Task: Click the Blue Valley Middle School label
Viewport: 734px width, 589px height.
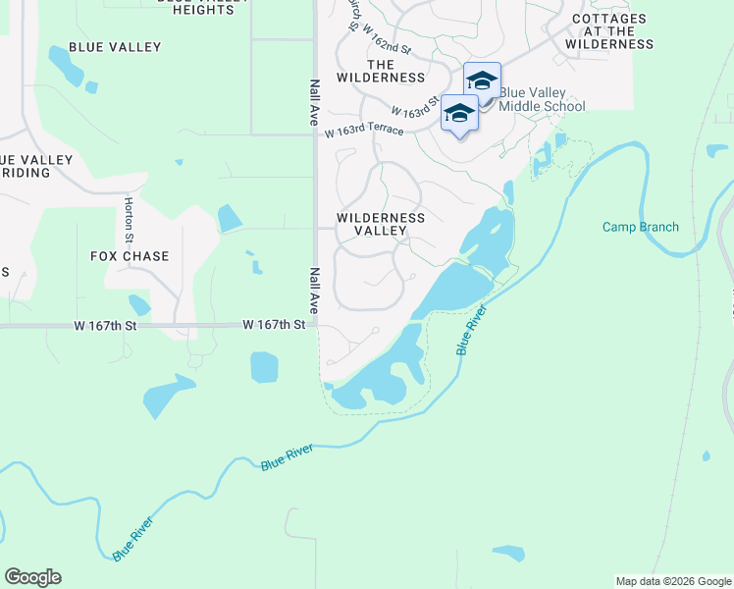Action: [x=542, y=99]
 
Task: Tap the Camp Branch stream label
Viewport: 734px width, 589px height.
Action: [x=640, y=227]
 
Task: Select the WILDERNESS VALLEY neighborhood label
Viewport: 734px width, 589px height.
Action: [x=381, y=224]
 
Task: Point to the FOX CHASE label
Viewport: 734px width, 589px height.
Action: [x=130, y=256]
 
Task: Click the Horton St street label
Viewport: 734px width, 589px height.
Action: [x=129, y=219]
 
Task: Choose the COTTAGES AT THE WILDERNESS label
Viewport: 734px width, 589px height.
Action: [x=609, y=31]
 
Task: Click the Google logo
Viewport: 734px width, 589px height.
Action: [x=32, y=577]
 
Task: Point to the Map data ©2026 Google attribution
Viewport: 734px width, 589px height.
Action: [x=672, y=581]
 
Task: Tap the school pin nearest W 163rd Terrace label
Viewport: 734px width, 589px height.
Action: [x=459, y=115]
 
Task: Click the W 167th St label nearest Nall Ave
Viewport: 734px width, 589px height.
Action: [x=274, y=323]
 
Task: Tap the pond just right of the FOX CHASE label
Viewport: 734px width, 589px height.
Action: [x=229, y=218]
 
